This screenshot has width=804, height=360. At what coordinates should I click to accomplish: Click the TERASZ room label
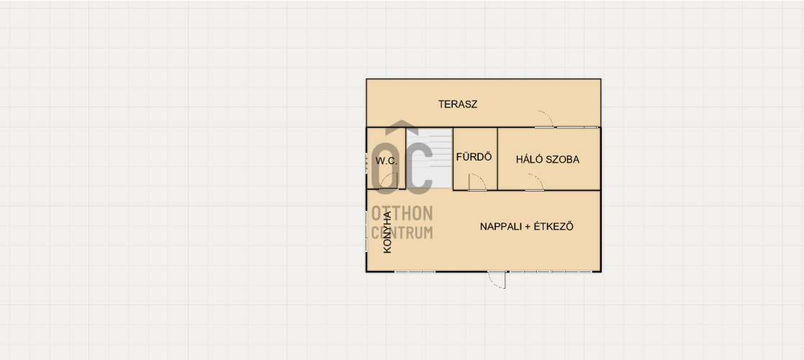[458, 104]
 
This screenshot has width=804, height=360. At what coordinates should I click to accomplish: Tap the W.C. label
[387, 161]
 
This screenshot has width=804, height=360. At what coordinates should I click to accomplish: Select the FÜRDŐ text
[474, 157]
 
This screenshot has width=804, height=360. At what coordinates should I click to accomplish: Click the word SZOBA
[562, 160]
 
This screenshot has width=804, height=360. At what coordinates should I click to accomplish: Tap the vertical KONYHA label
[388, 233]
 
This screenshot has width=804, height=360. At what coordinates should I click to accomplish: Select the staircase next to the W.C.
[429, 158]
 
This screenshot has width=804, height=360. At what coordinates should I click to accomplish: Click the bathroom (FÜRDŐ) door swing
[477, 182]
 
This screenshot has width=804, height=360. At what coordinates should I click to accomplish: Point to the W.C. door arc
[389, 181]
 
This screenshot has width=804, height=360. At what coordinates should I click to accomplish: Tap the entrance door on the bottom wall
[497, 280]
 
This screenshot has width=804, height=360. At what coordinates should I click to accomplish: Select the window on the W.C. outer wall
[366, 163]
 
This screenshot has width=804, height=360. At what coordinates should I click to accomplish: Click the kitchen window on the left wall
[366, 231]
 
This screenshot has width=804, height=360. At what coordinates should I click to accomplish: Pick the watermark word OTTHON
[402, 213]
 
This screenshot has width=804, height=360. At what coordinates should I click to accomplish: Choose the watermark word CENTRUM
[402, 233]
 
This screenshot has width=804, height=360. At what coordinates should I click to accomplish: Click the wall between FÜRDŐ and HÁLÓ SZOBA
[497, 158]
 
